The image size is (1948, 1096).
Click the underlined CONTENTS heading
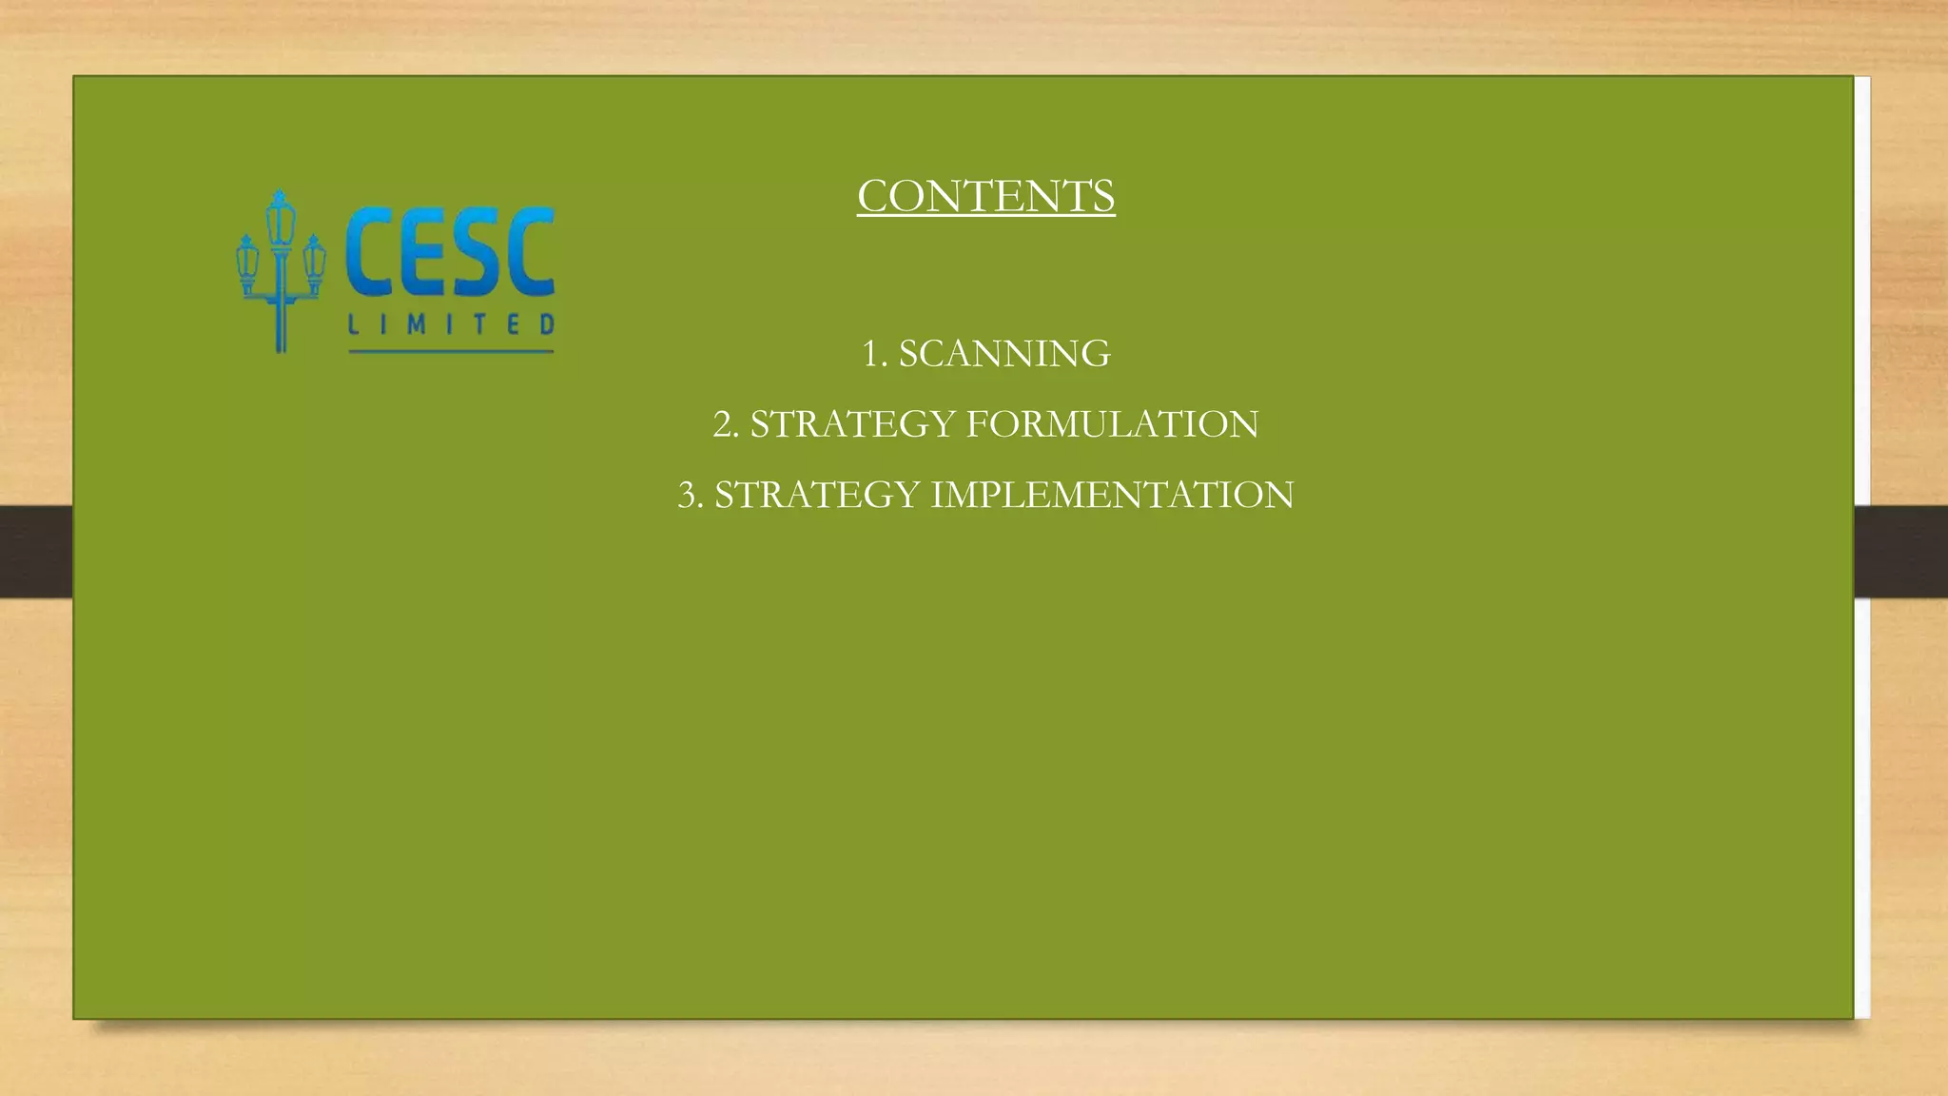click(x=985, y=197)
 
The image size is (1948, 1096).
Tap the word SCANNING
click(x=1004, y=354)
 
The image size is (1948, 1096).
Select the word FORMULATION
click(x=1112, y=424)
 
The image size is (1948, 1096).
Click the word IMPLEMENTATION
click(x=1112, y=495)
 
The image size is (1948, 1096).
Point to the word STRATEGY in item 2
click(x=852, y=424)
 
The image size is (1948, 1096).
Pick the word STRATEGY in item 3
click(x=817, y=495)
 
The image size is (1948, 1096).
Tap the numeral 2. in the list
click(x=726, y=424)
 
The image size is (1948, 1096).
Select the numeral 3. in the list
click(x=691, y=495)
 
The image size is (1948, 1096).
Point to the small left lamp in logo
click(x=247, y=263)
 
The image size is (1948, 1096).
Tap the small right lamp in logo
click(x=314, y=263)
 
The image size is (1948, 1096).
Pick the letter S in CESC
click(x=476, y=252)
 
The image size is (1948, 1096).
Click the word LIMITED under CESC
click(x=451, y=324)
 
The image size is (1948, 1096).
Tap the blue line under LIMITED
click(x=451, y=352)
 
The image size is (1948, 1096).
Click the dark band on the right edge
click(x=1900, y=551)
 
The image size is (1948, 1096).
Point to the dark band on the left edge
click(x=36, y=551)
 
